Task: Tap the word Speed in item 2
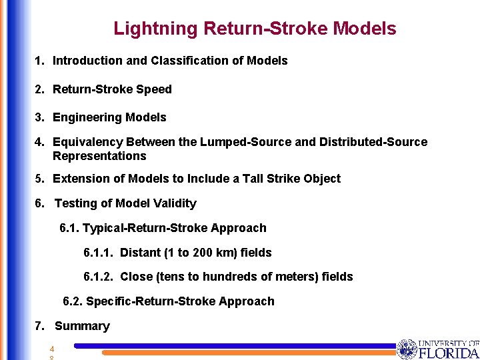click(x=155, y=89)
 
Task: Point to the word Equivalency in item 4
click(x=85, y=142)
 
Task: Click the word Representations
click(x=99, y=156)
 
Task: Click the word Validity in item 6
click(x=175, y=203)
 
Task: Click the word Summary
click(x=82, y=326)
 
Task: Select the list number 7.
click(x=40, y=326)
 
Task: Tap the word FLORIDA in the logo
click(x=449, y=352)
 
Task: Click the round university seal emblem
click(x=407, y=349)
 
